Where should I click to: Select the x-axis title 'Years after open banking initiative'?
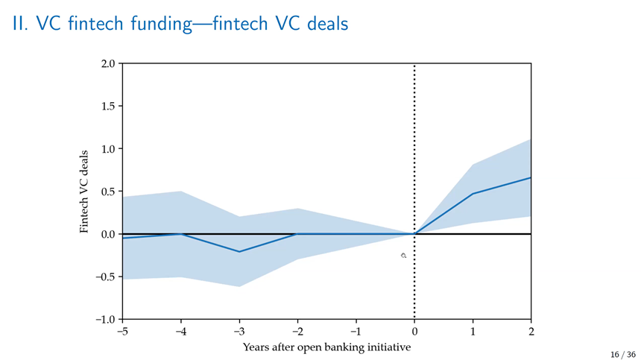(326, 347)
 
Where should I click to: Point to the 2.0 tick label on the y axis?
(108, 63)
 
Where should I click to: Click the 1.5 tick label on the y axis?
(108, 107)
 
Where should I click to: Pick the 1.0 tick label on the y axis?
(108, 149)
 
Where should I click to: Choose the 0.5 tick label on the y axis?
(108, 192)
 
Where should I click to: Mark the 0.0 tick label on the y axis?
(108, 234)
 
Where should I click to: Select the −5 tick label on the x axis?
(122, 331)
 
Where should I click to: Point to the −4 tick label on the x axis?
(180, 331)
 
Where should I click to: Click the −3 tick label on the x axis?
(239, 331)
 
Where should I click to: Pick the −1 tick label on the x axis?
(356, 331)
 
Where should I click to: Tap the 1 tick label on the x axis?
(473, 331)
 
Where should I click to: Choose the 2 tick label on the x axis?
(531, 331)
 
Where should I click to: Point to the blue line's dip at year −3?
(239, 251)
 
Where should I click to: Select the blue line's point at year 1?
(473, 194)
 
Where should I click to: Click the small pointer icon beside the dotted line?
(403, 256)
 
